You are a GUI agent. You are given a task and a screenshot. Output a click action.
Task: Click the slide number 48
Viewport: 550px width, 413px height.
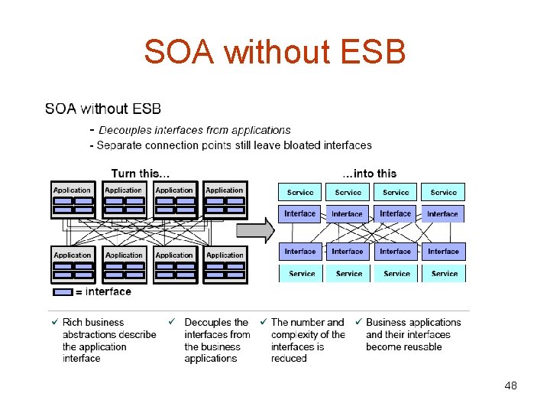click(x=510, y=385)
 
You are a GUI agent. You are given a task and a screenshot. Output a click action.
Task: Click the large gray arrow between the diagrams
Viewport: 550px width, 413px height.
click(x=255, y=229)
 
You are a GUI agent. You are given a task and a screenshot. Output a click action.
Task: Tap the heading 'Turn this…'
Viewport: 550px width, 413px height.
click(x=141, y=174)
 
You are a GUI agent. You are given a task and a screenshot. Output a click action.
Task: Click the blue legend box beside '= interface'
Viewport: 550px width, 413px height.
click(x=63, y=291)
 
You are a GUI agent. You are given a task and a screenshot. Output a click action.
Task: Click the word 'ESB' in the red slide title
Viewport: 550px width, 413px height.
click(x=369, y=52)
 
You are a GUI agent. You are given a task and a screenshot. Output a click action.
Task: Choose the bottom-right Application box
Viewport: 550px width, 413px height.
click(x=225, y=264)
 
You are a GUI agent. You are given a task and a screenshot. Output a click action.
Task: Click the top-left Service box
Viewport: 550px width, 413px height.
click(x=300, y=192)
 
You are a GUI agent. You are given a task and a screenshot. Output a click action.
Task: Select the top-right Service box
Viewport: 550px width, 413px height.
click(x=443, y=192)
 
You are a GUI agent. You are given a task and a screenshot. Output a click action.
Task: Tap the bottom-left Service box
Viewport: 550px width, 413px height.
click(x=302, y=273)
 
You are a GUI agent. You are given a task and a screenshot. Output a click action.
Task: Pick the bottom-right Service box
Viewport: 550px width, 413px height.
click(x=444, y=273)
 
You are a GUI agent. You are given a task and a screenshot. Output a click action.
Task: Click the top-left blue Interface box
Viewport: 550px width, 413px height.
click(x=300, y=214)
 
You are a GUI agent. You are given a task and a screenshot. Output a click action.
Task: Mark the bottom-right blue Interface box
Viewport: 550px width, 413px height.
click(x=443, y=251)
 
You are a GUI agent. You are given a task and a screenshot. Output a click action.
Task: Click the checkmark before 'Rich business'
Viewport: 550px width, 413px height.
click(x=53, y=322)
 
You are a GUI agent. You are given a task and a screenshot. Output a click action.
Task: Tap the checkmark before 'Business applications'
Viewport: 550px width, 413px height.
click(x=357, y=322)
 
